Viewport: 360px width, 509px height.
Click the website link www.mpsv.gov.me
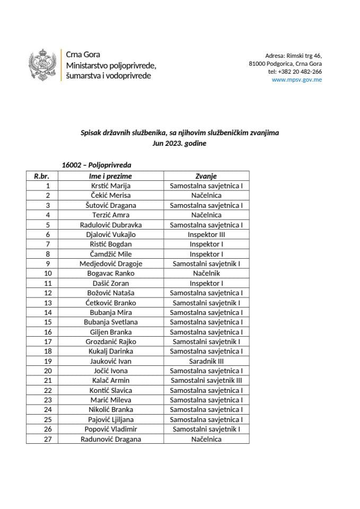(x=296, y=80)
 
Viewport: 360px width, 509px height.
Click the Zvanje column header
(x=206, y=176)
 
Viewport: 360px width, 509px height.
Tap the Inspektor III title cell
(x=206, y=234)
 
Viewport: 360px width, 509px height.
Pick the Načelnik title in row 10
(x=206, y=273)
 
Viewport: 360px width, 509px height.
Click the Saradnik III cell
(x=206, y=361)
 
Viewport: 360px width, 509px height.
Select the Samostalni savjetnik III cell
(x=206, y=380)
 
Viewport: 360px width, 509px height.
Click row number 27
(x=48, y=439)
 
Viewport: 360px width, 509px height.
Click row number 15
(x=48, y=322)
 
